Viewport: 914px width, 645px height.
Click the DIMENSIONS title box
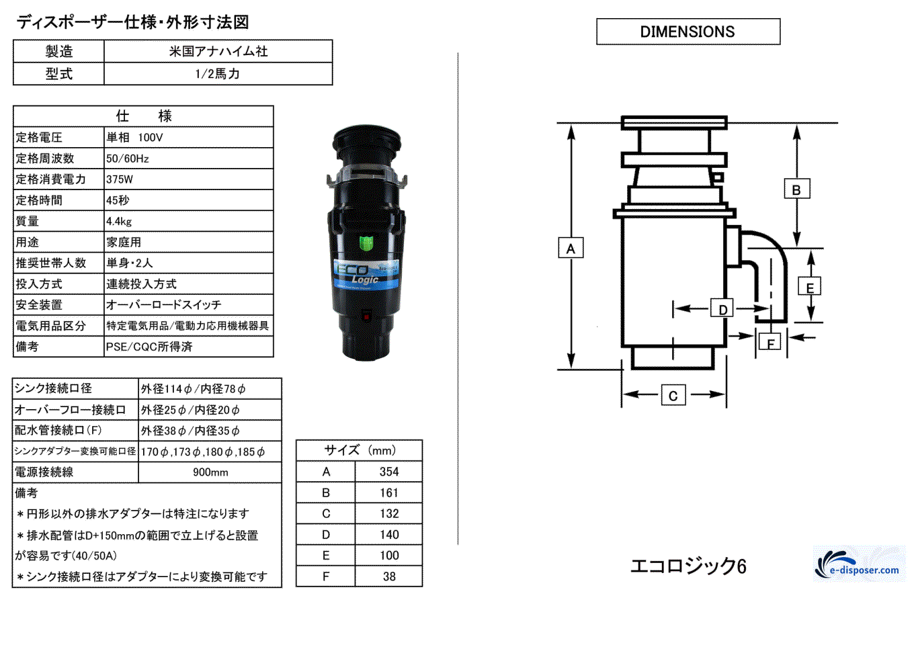688,32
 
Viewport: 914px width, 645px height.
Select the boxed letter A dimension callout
571,249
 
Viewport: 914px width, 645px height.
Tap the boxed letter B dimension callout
796,189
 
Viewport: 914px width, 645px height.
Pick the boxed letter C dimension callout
673,396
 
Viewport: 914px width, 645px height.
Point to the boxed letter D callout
722,309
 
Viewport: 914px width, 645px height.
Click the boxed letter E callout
809,288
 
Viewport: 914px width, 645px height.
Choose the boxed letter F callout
770,343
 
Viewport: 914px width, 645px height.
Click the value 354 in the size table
388,472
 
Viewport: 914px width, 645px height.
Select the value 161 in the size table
388,492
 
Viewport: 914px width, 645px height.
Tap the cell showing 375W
120,179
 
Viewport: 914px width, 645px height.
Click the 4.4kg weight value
119,221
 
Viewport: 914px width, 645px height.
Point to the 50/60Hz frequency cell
128,159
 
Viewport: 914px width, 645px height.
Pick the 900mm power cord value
210,472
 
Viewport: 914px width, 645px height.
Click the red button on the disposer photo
366,316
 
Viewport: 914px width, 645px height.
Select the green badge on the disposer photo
366,242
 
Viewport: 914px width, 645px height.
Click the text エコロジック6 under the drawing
688,566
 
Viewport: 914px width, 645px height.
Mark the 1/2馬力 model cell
218,74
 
